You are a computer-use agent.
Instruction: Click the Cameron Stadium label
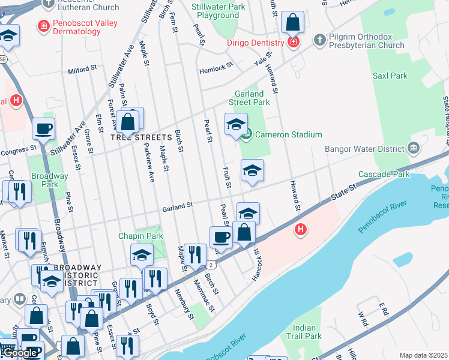coord(289,134)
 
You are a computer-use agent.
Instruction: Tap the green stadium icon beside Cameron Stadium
coord(247,134)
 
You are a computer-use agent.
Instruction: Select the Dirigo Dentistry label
coord(255,43)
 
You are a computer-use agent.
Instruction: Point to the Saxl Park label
coord(390,76)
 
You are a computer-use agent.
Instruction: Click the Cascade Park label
coord(384,174)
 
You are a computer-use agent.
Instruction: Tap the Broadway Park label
coord(50,180)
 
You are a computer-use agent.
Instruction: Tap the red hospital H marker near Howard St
coord(300,229)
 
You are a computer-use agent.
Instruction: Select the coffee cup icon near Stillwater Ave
coord(43,128)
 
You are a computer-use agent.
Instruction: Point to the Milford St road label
coord(82,70)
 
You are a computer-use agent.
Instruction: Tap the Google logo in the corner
coord(20,353)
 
